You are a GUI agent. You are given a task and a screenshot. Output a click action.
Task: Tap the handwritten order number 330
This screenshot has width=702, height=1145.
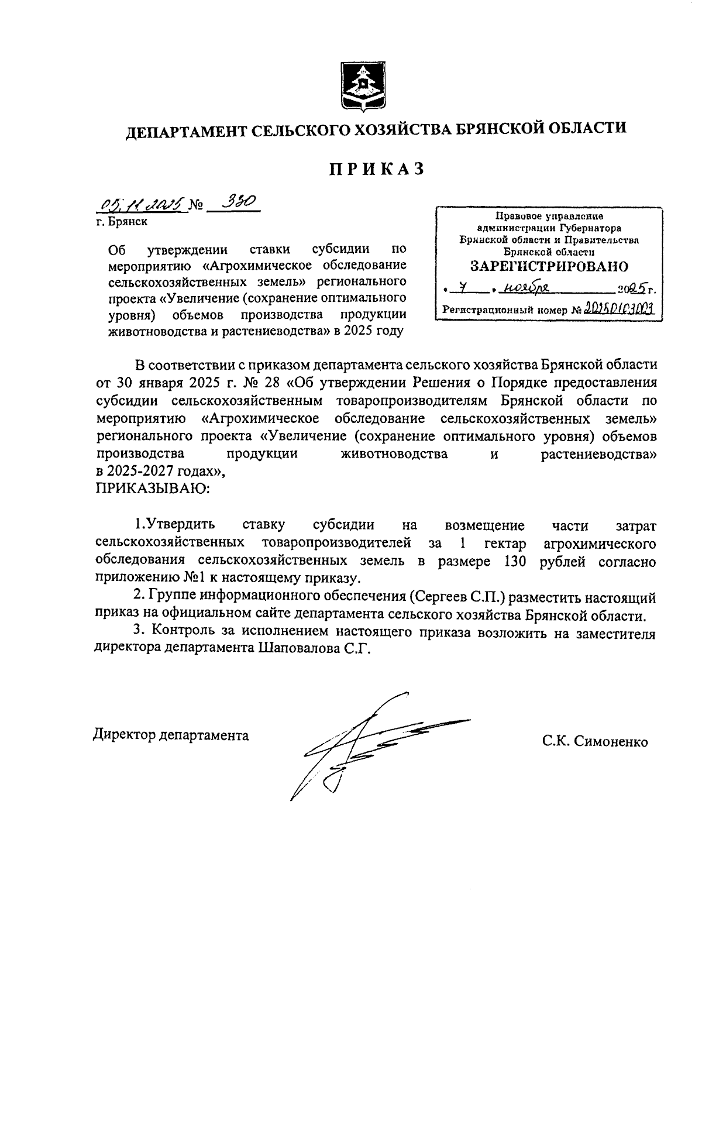[235, 203]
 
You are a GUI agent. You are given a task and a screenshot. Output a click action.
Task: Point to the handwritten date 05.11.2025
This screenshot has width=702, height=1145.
[143, 204]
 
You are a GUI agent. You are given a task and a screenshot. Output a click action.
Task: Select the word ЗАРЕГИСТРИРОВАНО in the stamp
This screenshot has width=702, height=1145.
[549, 266]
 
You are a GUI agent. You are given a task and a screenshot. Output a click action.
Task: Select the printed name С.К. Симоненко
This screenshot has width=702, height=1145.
[594, 742]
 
